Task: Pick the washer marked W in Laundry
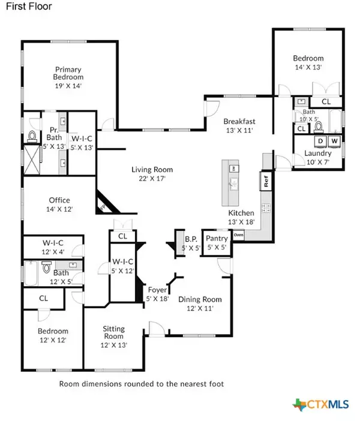tap(334, 142)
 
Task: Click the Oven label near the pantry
tap(238, 234)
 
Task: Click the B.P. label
tap(184, 239)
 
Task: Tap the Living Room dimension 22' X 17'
tap(148, 178)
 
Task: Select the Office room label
tap(59, 200)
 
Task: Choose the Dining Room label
tap(202, 299)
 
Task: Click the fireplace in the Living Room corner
tap(104, 204)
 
